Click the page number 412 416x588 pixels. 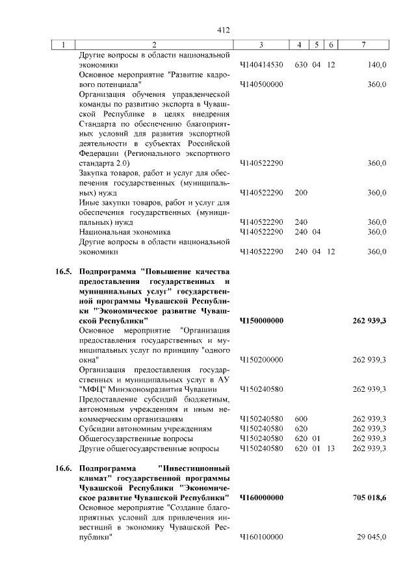click(x=224, y=30)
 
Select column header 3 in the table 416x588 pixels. click(x=260, y=45)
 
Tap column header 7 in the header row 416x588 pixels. click(x=363, y=45)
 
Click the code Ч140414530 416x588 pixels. click(x=261, y=65)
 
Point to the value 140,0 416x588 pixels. click(x=376, y=65)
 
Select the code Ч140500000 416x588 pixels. click(x=261, y=84)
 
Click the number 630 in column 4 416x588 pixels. click(x=300, y=65)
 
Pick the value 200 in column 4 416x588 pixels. click(x=300, y=192)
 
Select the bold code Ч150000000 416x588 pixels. click(x=261, y=320)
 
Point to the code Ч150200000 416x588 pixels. click(x=261, y=359)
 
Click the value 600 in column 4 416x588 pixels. click(x=300, y=419)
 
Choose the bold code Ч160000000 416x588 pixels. click(x=261, y=498)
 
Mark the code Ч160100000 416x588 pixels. click(x=261, y=537)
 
